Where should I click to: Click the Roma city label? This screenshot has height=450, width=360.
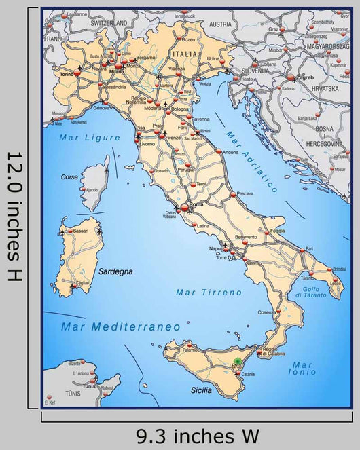(197, 204)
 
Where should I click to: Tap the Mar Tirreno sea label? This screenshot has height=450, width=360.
(209, 293)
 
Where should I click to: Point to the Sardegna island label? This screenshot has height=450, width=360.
(115, 271)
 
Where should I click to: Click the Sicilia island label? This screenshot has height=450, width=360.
(201, 390)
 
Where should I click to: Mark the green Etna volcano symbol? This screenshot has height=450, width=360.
(238, 362)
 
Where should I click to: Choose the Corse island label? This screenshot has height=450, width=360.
(69, 176)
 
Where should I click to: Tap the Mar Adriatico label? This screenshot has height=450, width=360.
(253, 161)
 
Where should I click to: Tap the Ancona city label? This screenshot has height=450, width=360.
(230, 152)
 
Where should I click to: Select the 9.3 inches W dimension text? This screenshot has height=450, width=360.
(197, 435)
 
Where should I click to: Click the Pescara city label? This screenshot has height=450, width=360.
(245, 193)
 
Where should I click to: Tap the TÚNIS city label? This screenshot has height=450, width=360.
(72, 394)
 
